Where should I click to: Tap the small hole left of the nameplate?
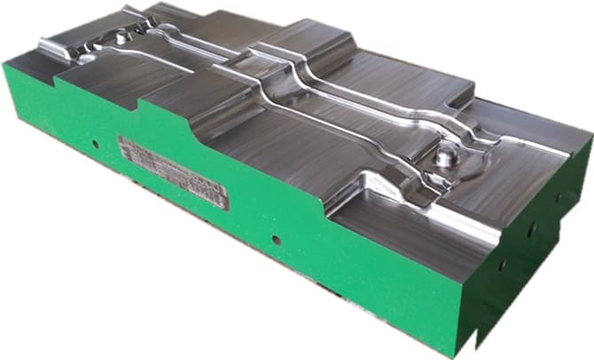(94, 142)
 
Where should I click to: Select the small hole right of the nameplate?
(278, 239)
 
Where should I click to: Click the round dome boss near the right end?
(443, 158)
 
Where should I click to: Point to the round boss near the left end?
(119, 37)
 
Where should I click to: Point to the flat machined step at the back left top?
(177, 18)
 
